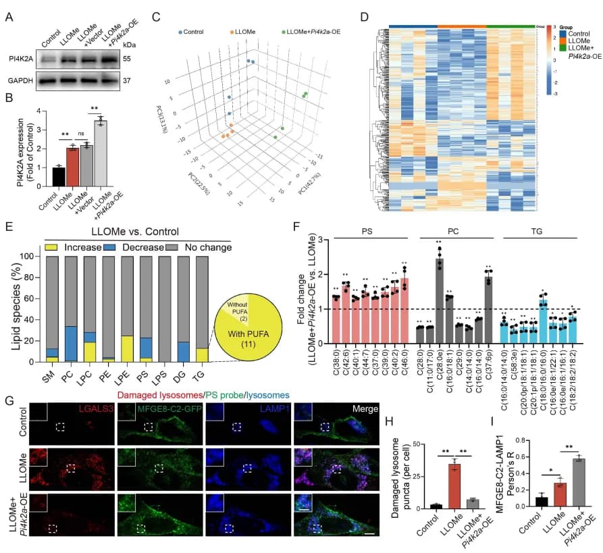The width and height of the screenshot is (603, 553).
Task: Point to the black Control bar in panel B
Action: click(58, 176)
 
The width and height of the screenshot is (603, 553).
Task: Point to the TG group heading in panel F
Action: click(535, 230)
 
